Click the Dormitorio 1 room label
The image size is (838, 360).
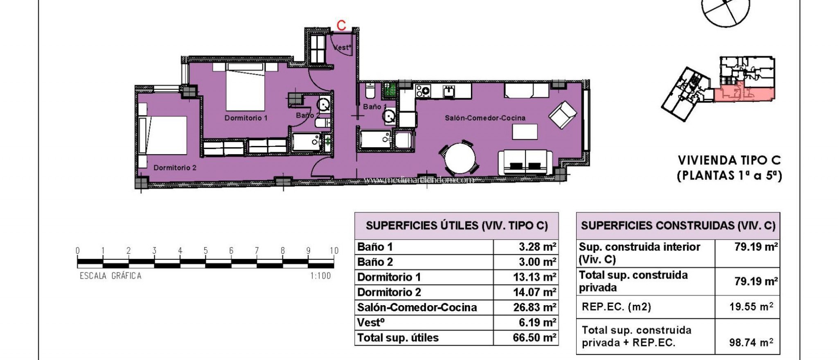point(246,118)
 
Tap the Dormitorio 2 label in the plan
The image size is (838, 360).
point(175,168)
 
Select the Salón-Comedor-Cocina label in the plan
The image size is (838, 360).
point(485,118)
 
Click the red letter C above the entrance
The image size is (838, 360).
point(341,25)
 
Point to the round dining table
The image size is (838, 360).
point(460,158)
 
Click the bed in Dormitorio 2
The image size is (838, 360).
point(164,135)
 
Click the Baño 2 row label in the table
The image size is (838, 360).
point(375,262)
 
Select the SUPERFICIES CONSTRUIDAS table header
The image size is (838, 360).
point(678,226)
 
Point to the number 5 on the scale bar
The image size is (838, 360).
point(205,251)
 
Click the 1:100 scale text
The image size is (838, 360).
point(320,276)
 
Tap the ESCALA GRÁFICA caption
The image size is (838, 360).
point(110,276)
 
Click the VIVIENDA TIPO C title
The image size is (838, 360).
point(729,160)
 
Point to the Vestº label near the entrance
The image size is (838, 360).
point(342,47)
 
